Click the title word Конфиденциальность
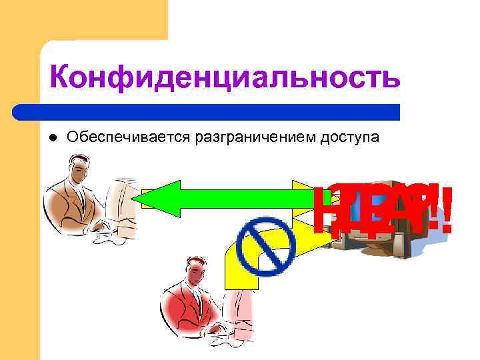[x=225, y=78]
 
